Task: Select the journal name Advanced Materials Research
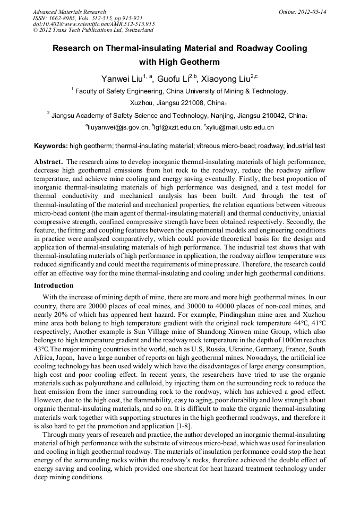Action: point(69,12)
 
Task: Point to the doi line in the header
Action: point(93,24)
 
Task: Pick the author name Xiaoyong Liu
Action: point(227,79)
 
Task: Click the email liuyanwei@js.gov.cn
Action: point(116,127)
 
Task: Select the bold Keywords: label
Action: point(51,145)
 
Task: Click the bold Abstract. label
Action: point(49,161)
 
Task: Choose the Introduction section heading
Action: point(54,286)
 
